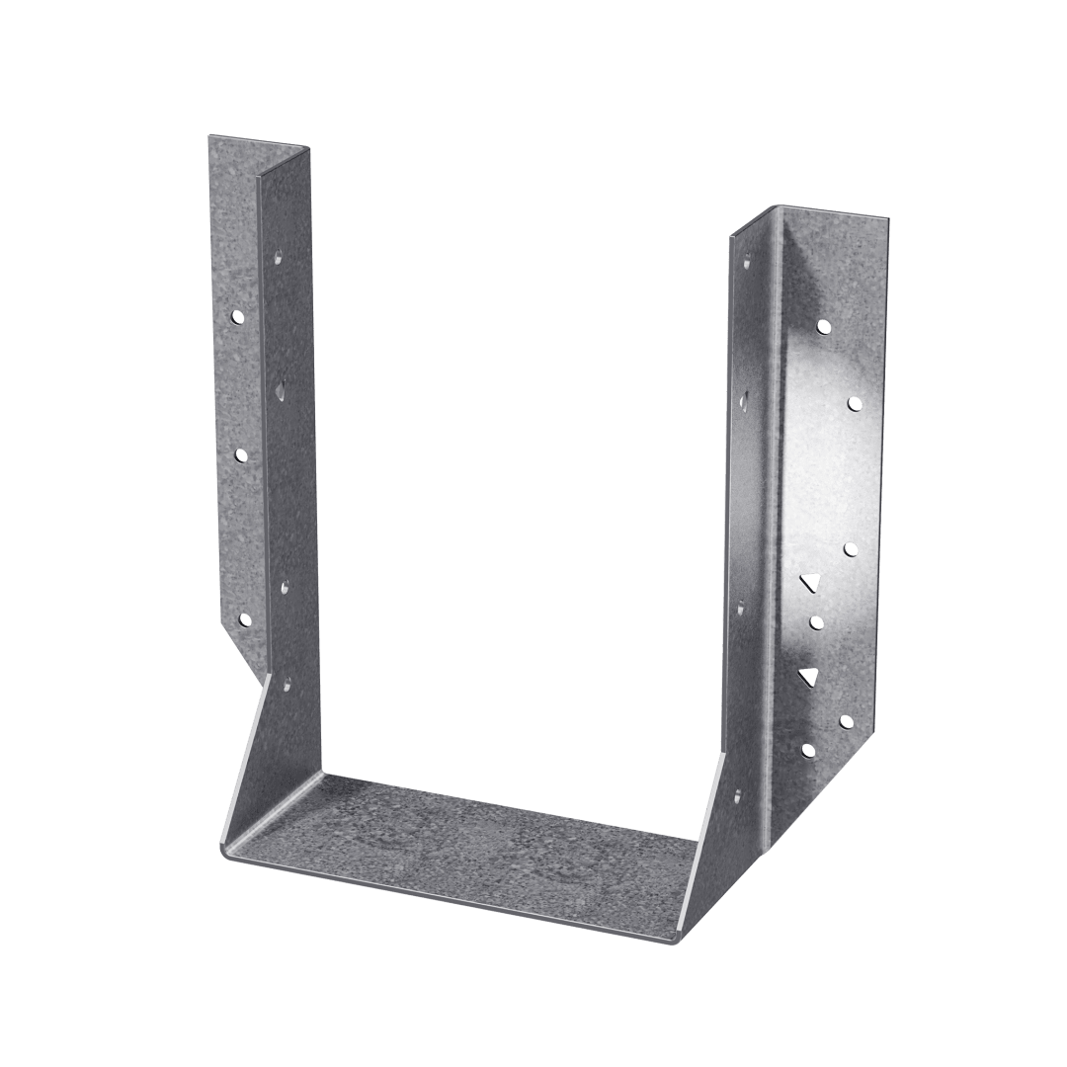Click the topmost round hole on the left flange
tap(238, 318)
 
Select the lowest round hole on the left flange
tap(244, 620)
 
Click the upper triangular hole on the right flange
tap(811, 582)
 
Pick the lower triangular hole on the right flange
tap(810, 676)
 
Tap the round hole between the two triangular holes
tap(816, 622)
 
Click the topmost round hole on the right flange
tap(824, 325)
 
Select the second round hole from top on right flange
tap(854, 403)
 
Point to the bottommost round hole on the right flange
tap(808, 751)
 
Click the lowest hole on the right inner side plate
tap(737, 792)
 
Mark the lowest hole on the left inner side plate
tap(288, 683)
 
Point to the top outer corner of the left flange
tap(208, 138)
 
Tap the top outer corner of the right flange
tap(888, 219)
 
